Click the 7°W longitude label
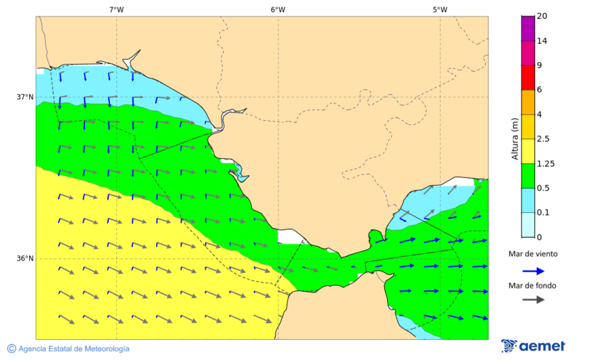(116, 9)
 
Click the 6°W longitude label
(278, 9)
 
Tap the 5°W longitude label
(440, 9)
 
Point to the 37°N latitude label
(25, 97)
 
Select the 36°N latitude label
(25, 258)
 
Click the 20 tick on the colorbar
(542, 16)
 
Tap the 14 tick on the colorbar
(542, 41)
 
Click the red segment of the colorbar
(528, 77)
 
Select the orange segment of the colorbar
(528, 102)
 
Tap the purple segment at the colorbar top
(528, 28)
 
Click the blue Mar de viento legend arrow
(533, 271)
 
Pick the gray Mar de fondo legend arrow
(533, 299)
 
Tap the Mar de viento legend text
(533, 254)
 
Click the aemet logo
(534, 346)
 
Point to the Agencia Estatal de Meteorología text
(74, 349)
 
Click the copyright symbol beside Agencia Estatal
(11, 349)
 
